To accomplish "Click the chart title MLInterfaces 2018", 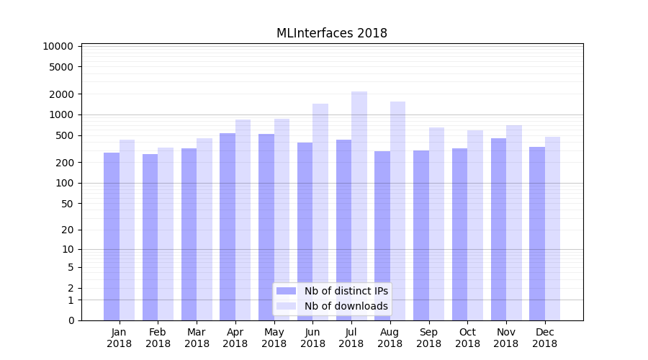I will [332, 33].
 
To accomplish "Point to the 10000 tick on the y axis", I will [58, 46].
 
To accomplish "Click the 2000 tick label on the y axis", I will [61, 94].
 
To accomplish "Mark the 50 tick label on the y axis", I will [66, 204].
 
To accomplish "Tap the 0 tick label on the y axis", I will [71, 320].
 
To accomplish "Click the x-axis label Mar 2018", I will [197, 338].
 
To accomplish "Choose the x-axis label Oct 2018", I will [467, 338].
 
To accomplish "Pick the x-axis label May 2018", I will [274, 338].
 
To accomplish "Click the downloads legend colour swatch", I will [286, 306].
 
